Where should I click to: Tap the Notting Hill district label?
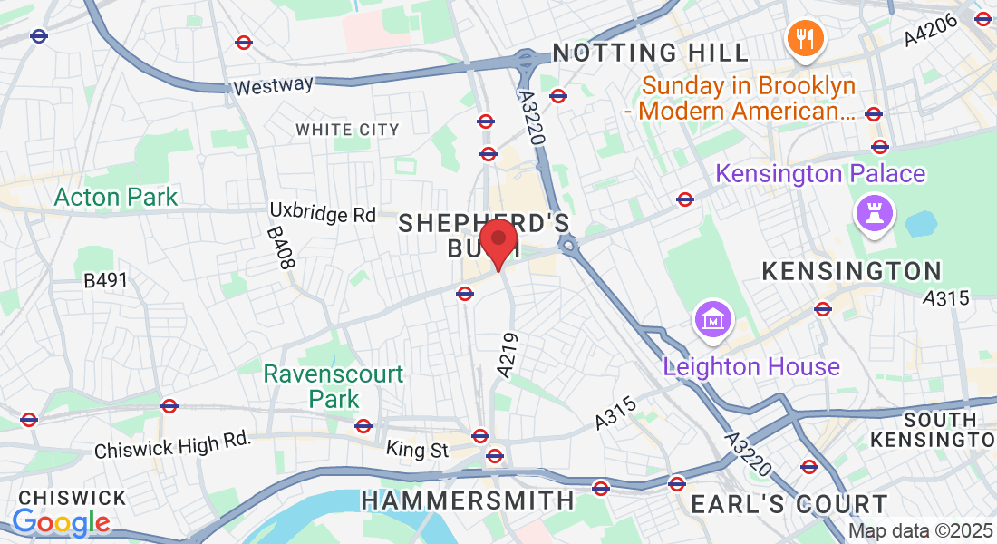tap(651, 53)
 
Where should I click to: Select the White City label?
tap(347, 130)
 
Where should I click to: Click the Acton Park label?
tap(116, 197)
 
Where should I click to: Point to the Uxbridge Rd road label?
tap(323, 214)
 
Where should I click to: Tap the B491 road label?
tap(106, 281)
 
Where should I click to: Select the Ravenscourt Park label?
tap(334, 386)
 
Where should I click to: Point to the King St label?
tap(417, 449)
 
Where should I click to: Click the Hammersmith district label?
tap(468, 500)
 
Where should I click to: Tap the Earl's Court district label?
tap(789, 504)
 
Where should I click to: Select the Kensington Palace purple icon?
tap(876, 215)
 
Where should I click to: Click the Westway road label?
tap(273, 86)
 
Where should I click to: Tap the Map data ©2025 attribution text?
tap(920, 531)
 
